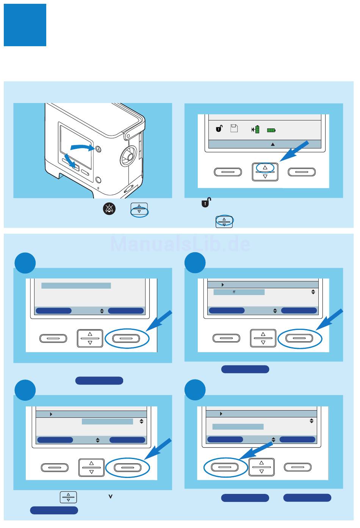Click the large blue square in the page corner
click(25, 25)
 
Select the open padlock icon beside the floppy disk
click(219, 129)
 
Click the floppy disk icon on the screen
click(234, 128)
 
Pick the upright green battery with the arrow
click(257, 130)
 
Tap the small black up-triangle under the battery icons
click(272, 144)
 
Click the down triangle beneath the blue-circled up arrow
click(265, 176)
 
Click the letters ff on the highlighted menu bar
click(234, 292)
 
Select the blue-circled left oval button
click(225, 467)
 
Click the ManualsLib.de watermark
click(180, 244)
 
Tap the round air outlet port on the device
click(128, 156)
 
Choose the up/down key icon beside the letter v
click(68, 497)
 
